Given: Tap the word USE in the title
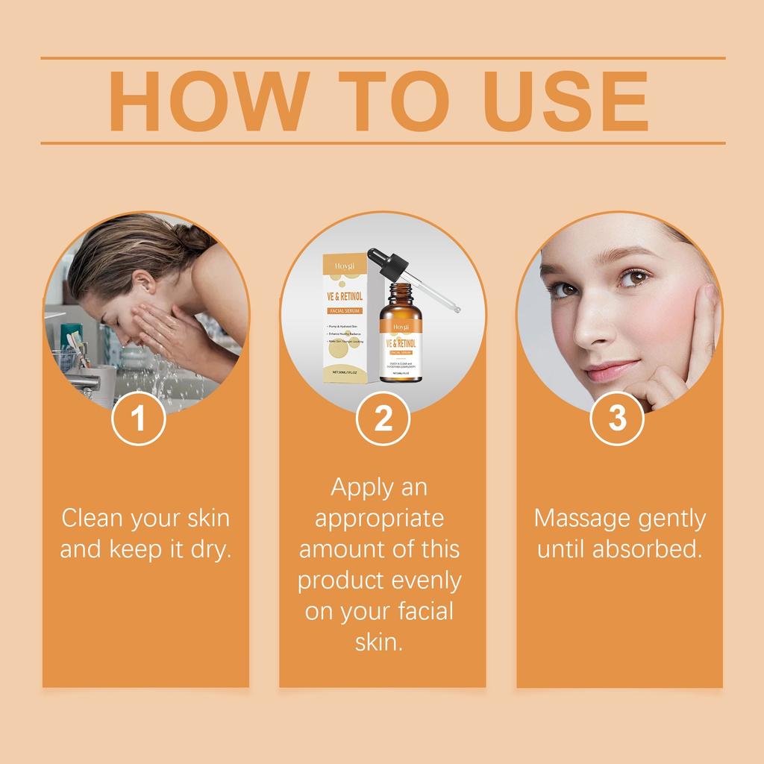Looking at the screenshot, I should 567,101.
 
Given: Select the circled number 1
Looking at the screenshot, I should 138,419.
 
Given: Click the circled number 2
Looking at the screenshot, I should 383,419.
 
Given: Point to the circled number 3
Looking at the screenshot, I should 617,419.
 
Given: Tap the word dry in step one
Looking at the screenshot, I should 212,551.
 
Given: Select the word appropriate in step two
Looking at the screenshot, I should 379,518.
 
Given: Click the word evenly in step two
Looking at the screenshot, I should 423,580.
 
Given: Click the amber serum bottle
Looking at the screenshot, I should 401,339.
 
